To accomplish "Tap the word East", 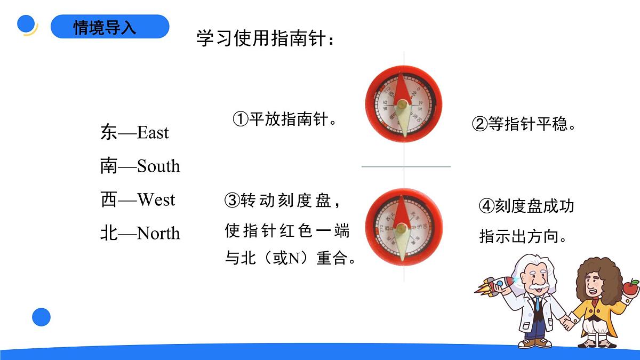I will (x=153, y=132).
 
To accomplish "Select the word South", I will (x=158, y=166).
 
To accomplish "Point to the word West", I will (x=156, y=200).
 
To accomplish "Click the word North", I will (x=158, y=233).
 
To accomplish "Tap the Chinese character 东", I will (x=108, y=132).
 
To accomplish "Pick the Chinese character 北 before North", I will (x=108, y=233).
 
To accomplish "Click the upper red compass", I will (x=404, y=105).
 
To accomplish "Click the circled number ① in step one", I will (x=241, y=118).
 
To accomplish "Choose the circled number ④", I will (x=487, y=206).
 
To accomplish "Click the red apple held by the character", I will (x=631, y=288).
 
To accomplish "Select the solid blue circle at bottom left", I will (x=41, y=317).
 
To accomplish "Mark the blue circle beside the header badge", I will (x=26, y=24).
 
